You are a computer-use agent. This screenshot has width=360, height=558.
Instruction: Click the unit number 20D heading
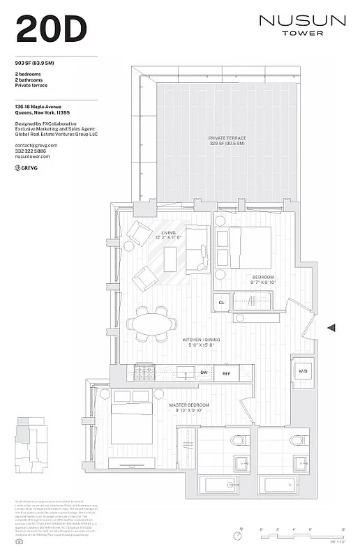coord(51,29)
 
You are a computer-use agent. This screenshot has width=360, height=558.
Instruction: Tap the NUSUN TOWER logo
coord(302,25)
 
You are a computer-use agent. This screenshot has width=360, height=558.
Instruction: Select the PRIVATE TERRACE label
coord(226,140)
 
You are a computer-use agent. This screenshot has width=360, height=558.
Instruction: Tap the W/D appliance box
coord(303,371)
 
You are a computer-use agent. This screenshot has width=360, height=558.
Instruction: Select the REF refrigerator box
coord(226,373)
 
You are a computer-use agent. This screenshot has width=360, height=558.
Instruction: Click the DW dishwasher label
coord(204,373)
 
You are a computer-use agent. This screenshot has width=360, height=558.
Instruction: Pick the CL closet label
coord(222,303)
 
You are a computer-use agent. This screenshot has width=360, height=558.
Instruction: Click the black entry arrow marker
coord(331,327)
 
